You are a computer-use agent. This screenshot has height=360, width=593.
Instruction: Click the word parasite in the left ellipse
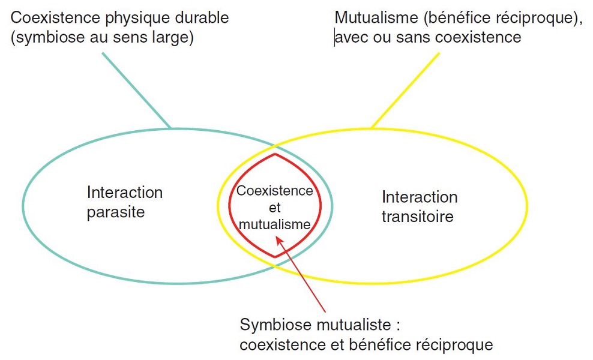click(x=115, y=212)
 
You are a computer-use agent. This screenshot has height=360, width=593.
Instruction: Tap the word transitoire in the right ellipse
click(x=417, y=216)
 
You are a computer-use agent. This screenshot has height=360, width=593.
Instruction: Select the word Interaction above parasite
click(x=125, y=193)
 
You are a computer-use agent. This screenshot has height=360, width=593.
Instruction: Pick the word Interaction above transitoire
click(x=420, y=197)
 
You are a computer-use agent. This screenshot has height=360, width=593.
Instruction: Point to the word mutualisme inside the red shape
click(x=275, y=224)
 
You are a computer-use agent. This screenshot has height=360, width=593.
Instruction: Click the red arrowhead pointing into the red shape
click(x=279, y=239)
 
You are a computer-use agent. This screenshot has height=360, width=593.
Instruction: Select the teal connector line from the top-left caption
click(x=137, y=91)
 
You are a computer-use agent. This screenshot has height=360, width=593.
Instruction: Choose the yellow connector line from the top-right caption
click(x=405, y=91)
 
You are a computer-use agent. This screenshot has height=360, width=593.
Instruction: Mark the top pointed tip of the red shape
click(x=275, y=154)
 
